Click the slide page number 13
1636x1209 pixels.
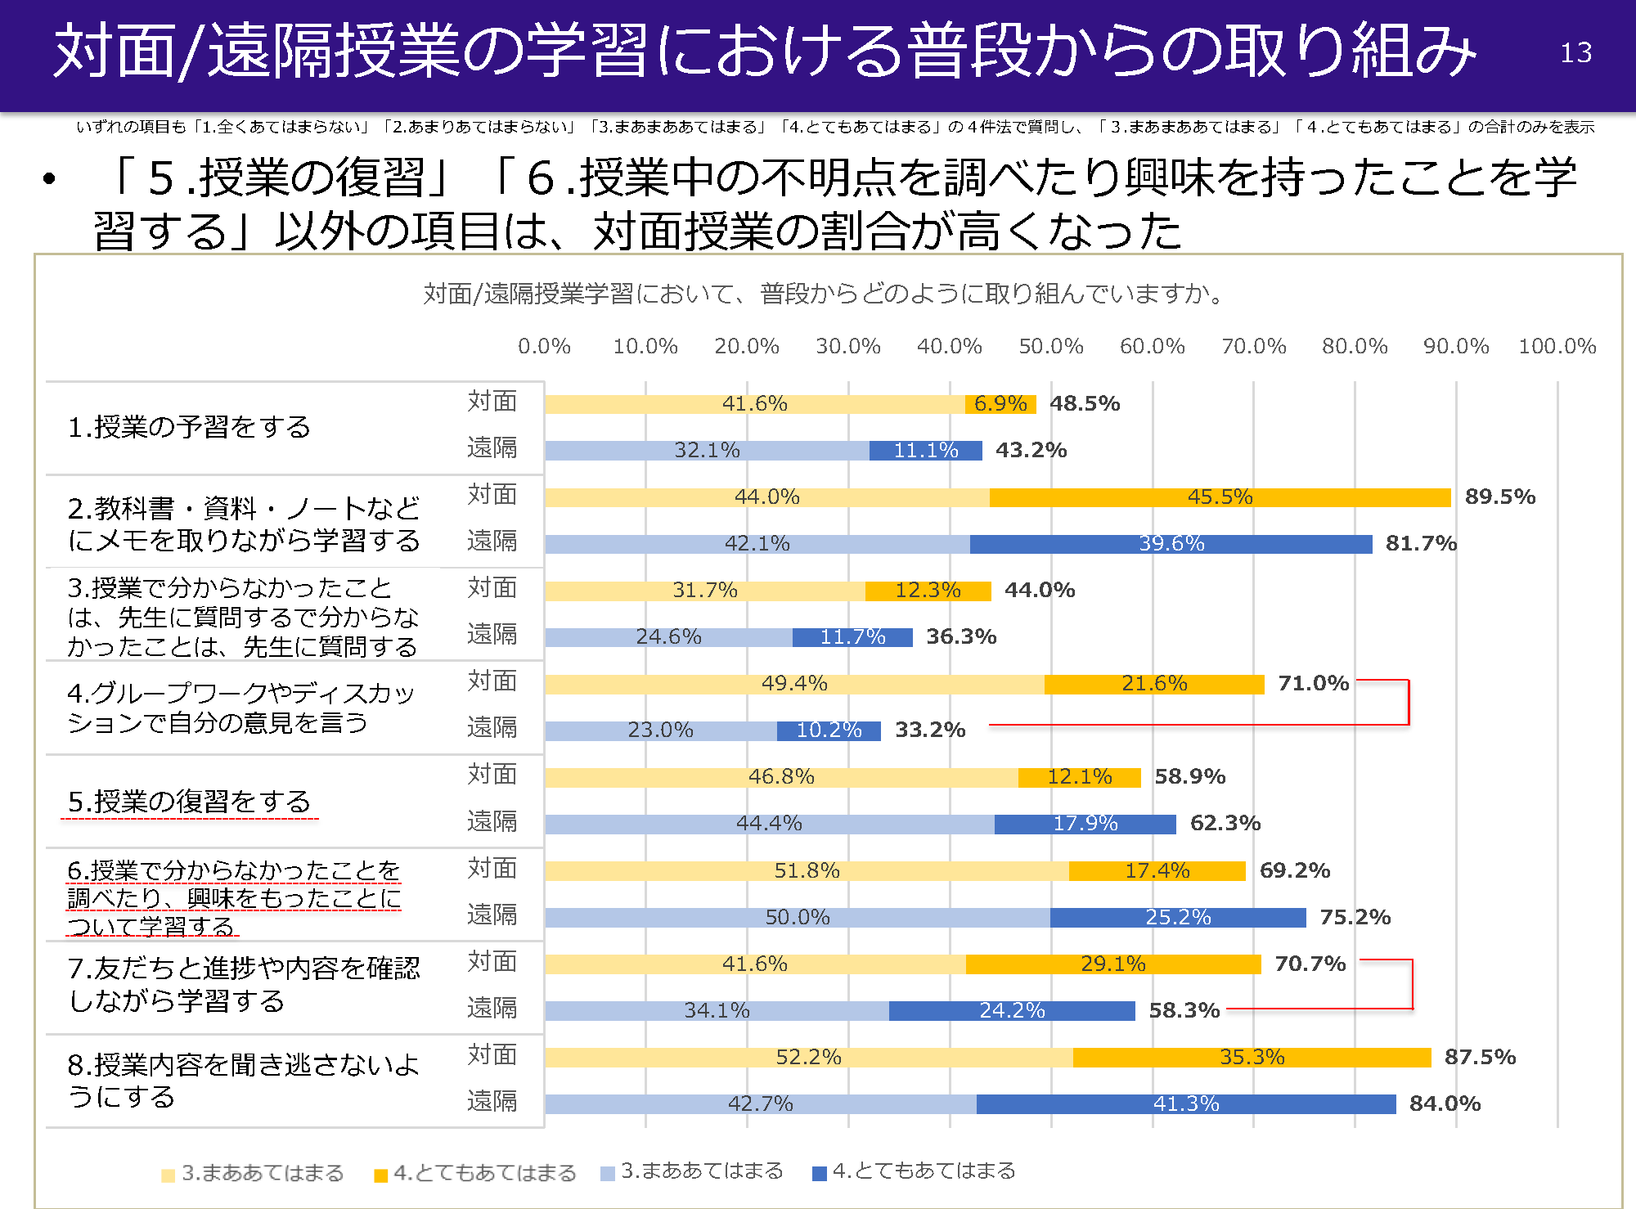click(1575, 52)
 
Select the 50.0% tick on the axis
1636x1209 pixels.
click(1050, 346)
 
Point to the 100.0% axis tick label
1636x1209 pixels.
click(1557, 346)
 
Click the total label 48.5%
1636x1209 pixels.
click(1084, 403)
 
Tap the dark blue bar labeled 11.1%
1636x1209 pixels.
click(925, 450)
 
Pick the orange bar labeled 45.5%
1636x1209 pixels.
click(1219, 497)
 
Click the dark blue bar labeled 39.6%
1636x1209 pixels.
click(1171, 543)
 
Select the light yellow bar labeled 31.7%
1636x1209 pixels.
click(704, 590)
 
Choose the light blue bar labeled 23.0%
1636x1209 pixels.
click(660, 730)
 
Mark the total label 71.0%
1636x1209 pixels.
click(1313, 683)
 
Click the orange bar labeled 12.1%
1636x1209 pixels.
click(1079, 776)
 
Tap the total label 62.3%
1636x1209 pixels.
click(1225, 823)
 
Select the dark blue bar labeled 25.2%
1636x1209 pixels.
click(1177, 917)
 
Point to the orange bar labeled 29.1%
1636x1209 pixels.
click(1112, 964)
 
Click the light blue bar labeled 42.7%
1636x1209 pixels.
click(760, 1103)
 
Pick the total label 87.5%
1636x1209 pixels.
click(1480, 1057)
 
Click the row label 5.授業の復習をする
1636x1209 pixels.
click(189, 802)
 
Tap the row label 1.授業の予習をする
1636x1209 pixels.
click(189, 427)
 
